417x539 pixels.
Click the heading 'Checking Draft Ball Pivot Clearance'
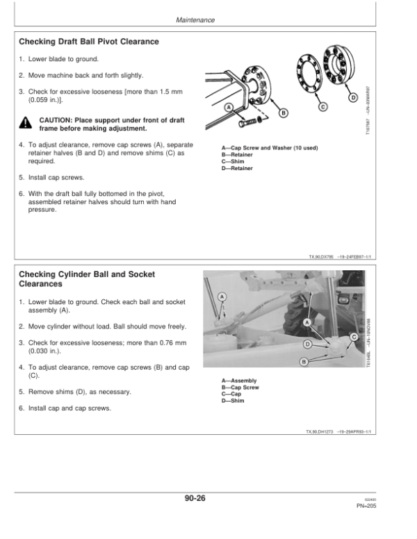click(89, 42)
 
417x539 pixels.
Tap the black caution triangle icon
click(26, 124)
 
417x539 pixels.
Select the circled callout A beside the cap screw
click(229, 107)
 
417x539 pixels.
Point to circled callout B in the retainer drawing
click(283, 114)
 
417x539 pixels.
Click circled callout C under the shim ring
click(322, 106)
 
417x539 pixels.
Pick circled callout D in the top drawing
click(354, 97)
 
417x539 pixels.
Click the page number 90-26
click(195, 498)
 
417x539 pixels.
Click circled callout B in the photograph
click(303, 362)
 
